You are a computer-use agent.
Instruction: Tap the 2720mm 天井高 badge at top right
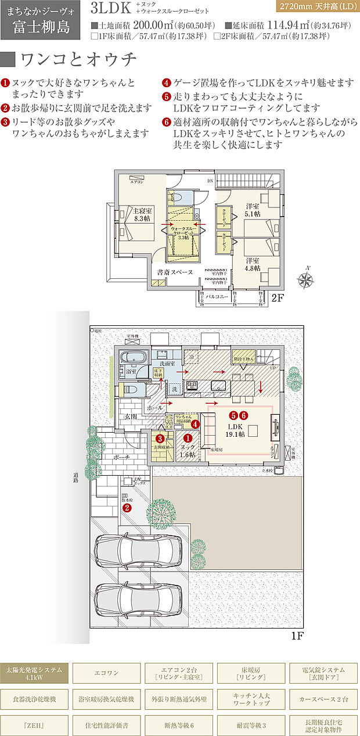pos(316,8)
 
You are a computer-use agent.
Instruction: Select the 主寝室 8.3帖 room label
pos(142,214)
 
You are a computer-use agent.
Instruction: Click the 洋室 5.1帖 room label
pos(252,210)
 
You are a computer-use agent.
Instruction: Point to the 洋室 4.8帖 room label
pos(252,265)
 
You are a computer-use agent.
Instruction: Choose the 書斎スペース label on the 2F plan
pos(175,272)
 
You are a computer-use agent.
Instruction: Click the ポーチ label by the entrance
pos(122,458)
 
